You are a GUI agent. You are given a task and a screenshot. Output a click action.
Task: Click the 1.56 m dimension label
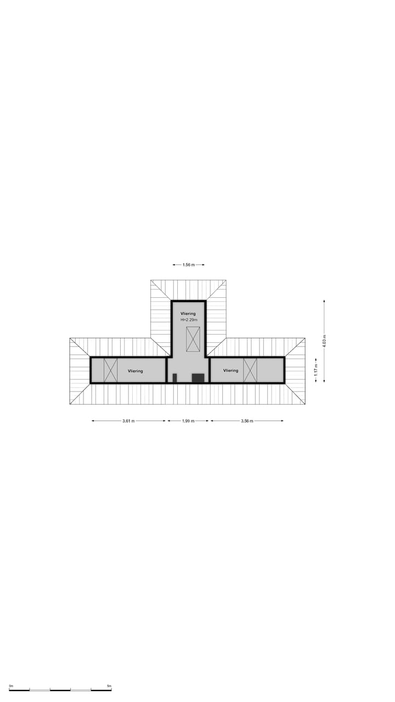coord(188,265)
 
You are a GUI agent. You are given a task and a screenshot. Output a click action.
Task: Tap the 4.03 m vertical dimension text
coord(324,341)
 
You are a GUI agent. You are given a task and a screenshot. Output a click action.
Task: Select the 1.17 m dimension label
coord(316,370)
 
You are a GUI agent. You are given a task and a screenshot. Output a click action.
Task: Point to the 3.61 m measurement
coord(128,421)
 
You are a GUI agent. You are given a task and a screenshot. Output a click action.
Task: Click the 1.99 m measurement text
coord(188,421)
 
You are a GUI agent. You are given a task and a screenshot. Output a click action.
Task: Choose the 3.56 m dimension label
coord(247,421)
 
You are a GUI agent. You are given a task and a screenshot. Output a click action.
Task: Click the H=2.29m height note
coord(189,320)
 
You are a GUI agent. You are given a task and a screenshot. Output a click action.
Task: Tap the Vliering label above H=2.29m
coord(188,313)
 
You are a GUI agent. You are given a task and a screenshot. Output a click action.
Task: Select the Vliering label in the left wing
coord(135,371)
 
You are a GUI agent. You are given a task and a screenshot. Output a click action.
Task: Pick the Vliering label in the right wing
coord(231,370)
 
